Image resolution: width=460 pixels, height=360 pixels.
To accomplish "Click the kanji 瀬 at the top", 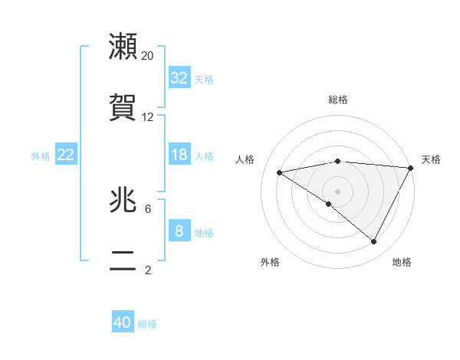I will pos(123,47).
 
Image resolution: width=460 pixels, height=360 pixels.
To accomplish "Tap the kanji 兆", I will pos(123,200).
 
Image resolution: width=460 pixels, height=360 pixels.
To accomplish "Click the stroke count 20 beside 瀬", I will pos(148,55).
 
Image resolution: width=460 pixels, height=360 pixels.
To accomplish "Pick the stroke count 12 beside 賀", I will pos(148,117).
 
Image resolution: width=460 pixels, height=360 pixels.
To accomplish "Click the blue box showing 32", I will pos(179,78).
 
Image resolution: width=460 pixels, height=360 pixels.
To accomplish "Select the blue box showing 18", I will pos(179,155).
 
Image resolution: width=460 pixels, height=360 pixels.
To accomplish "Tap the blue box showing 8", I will pos(179,231).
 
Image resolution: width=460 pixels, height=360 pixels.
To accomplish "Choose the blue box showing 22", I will pos(65,155).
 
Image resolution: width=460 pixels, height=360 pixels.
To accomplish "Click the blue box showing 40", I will pos(123,322).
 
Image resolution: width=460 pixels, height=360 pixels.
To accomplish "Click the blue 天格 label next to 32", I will pos(204,79).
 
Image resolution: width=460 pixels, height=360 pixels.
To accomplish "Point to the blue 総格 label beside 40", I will pos(148,324).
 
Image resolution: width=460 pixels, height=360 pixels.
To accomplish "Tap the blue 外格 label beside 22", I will pos(41,155).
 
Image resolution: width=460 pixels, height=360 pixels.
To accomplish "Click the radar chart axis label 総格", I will pos(338,100).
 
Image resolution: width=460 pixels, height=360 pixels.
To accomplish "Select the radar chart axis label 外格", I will pos(270,262).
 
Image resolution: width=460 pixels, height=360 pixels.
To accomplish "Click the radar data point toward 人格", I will pos(280,172).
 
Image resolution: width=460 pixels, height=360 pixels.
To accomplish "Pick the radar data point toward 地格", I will pos(374,242).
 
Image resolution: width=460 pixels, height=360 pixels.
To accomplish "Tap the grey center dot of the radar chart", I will pos(337,191).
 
